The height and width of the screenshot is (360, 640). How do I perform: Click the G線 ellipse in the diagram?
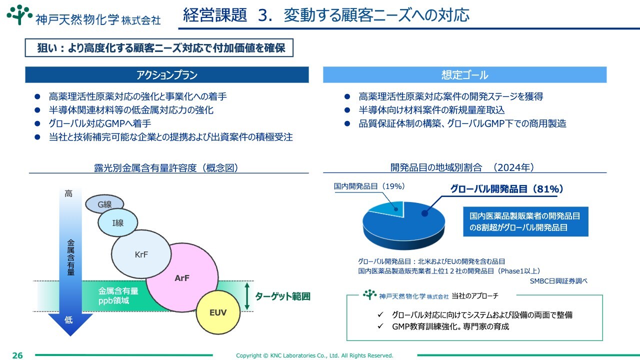click(x=104, y=203)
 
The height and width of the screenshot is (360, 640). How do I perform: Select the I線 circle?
click(x=117, y=222)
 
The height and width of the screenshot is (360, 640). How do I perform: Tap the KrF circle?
click(x=141, y=254)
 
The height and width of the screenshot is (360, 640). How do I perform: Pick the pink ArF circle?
click(x=182, y=277)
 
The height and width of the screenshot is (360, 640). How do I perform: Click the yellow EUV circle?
click(x=218, y=312)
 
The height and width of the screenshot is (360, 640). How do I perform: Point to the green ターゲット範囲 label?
click(x=282, y=296)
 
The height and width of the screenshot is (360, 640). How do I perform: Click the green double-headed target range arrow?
click(x=247, y=296)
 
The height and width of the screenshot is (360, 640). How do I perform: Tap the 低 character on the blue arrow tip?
click(x=68, y=319)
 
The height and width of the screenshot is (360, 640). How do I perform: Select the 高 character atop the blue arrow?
click(x=68, y=193)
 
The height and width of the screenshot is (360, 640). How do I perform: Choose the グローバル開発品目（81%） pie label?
click(x=506, y=189)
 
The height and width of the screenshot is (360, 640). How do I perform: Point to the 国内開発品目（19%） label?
click(x=369, y=186)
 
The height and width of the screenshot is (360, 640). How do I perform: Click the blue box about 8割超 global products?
click(x=525, y=221)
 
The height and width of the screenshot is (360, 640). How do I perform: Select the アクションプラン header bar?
click(x=167, y=75)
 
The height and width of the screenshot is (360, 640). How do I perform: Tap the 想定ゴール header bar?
click(x=464, y=75)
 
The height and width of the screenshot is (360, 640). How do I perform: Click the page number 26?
click(x=17, y=355)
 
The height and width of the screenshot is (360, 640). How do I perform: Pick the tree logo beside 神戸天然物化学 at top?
click(x=19, y=14)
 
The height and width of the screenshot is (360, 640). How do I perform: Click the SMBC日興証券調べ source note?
click(x=558, y=281)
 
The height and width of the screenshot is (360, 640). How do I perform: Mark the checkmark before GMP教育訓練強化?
click(x=380, y=326)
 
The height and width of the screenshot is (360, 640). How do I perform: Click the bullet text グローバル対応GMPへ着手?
click(x=99, y=123)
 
